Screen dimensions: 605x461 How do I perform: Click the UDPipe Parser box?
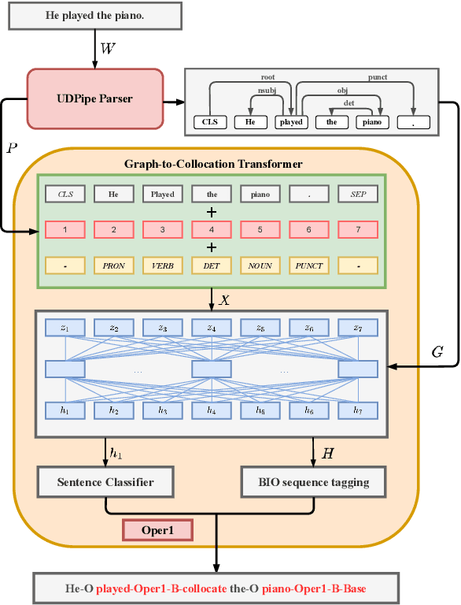tap(95, 98)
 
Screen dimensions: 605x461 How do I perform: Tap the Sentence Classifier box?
tap(105, 481)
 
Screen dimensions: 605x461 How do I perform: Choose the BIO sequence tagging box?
tap(315, 481)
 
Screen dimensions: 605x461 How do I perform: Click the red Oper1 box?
tap(157, 530)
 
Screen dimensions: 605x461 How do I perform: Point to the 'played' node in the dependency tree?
tap(291, 122)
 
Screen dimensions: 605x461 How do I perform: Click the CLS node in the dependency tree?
tap(210, 122)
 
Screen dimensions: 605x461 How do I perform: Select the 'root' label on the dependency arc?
tap(267, 78)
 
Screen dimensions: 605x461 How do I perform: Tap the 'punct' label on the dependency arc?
tap(378, 78)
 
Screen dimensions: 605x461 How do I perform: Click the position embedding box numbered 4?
tap(212, 229)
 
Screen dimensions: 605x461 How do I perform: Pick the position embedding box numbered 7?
tap(358, 229)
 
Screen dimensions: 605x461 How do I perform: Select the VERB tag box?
tap(163, 265)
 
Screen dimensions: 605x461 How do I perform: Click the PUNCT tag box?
tap(309, 265)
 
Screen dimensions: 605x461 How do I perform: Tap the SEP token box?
tap(358, 194)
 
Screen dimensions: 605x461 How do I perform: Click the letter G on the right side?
tap(438, 352)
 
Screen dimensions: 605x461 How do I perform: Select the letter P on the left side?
tap(12, 149)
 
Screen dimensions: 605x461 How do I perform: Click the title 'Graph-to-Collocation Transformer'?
tap(213, 164)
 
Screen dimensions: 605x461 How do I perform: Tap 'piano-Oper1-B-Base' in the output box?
tap(314, 588)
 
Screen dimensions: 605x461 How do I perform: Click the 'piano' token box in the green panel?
tap(260, 194)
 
